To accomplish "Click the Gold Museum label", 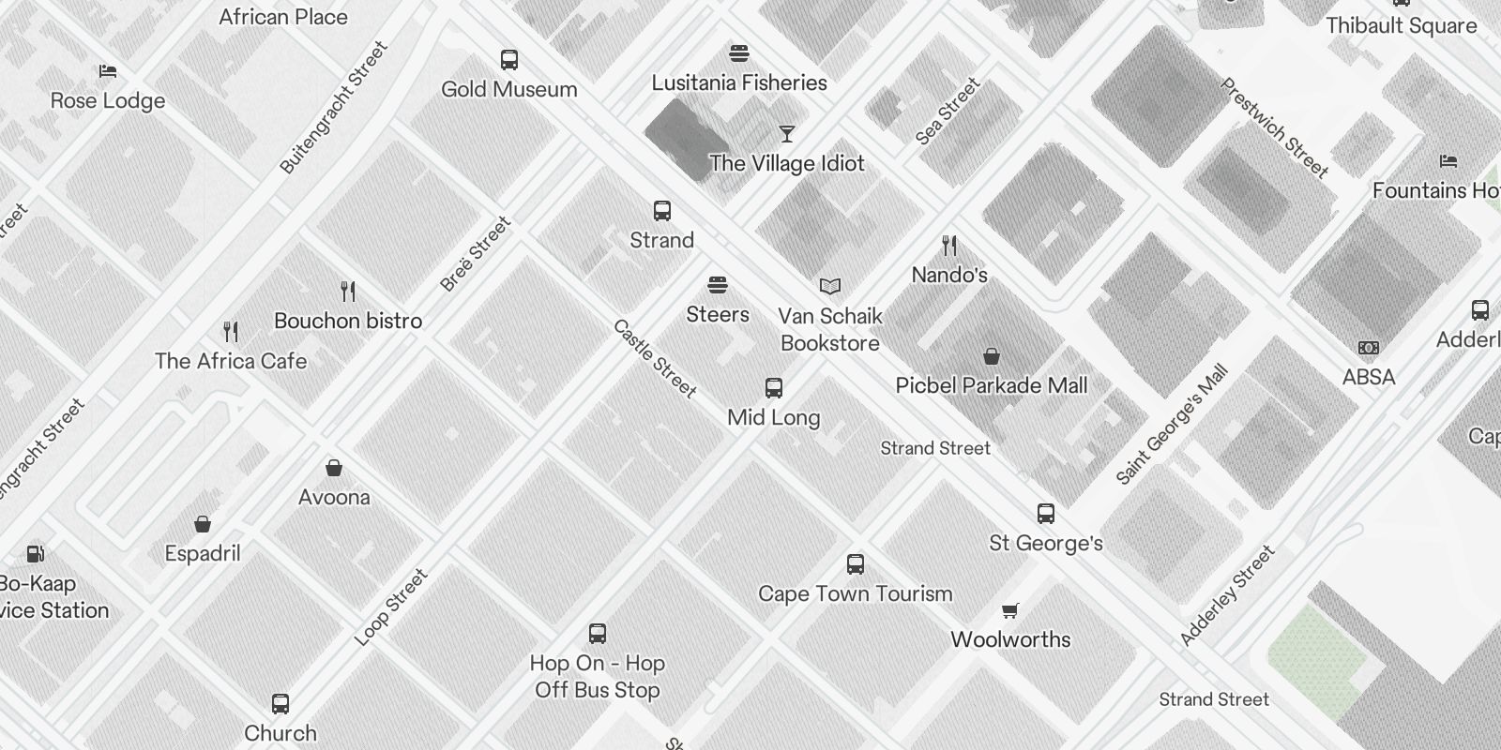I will click(509, 89).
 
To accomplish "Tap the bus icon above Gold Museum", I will click(509, 60).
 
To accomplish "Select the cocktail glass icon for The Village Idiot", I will click(786, 134).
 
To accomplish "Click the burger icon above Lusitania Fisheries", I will click(739, 53).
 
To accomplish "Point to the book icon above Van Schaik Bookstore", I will click(830, 286).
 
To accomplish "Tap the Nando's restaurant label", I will click(949, 275).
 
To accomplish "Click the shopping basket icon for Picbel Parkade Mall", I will click(992, 356).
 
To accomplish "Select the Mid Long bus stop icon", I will click(774, 388).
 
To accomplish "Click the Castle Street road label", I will click(655, 359).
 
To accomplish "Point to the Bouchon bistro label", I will click(348, 321).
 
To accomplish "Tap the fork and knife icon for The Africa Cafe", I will click(231, 331).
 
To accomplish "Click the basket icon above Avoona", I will click(334, 468).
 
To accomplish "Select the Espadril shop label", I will click(203, 553).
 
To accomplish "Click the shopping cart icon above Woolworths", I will click(1010, 611).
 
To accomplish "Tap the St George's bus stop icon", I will click(1046, 514).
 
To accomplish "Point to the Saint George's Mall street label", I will click(1172, 426).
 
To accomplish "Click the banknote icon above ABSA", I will click(1369, 348).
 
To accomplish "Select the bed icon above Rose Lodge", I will click(108, 71).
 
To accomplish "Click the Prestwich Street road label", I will click(1273, 128).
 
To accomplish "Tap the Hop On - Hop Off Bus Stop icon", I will click(598, 634).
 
